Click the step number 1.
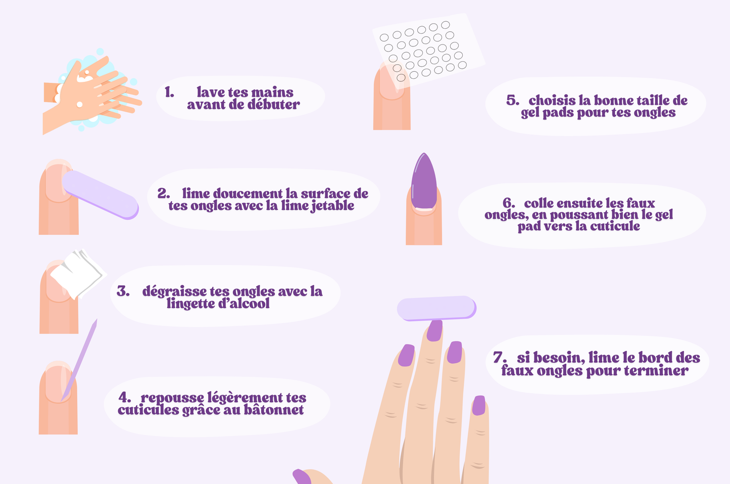(x=169, y=92)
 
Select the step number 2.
(x=164, y=193)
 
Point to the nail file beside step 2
(x=101, y=195)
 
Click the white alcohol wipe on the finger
(x=78, y=274)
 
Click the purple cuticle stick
(x=79, y=360)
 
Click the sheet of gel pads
(x=429, y=51)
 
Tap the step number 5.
(x=513, y=100)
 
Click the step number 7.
(x=500, y=357)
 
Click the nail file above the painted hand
(x=436, y=308)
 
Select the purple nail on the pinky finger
(x=479, y=406)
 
